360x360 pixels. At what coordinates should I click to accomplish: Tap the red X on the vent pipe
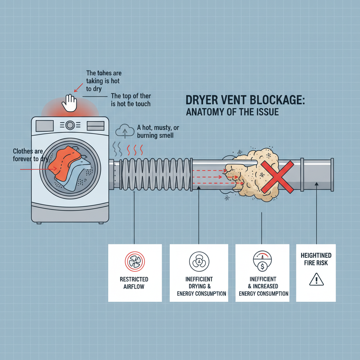click(277, 177)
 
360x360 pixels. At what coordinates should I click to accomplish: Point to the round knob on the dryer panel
click(70, 125)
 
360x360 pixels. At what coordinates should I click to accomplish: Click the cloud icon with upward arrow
click(125, 130)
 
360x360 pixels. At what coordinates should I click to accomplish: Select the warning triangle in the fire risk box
click(316, 280)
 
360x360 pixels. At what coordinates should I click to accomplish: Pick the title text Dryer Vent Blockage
click(245, 101)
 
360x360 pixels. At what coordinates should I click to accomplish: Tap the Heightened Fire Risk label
click(316, 259)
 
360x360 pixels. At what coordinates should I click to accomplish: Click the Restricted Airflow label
click(134, 283)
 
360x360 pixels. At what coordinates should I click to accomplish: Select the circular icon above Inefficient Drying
click(199, 262)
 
